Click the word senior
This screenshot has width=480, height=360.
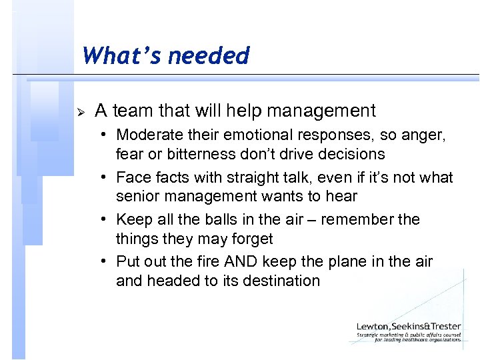pos(137,197)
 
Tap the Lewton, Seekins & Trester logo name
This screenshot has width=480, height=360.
pos(409,326)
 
